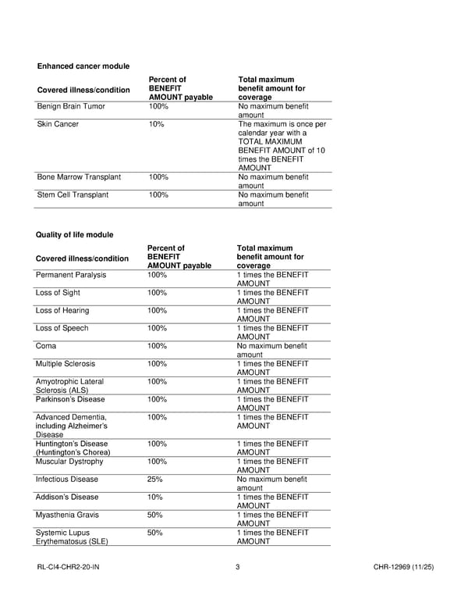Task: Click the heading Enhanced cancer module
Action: (83, 66)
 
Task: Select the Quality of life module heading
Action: (74, 234)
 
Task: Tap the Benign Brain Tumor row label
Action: (71, 106)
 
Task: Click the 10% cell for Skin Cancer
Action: (156, 124)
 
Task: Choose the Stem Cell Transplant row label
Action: (73, 194)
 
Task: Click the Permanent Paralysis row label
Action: (71, 275)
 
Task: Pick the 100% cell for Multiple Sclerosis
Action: (157, 364)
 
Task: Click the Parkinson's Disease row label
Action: (70, 399)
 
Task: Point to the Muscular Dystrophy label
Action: (69, 462)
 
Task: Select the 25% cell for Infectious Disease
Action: (154, 479)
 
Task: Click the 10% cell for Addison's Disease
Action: (154, 497)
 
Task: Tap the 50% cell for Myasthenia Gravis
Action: (154, 515)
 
